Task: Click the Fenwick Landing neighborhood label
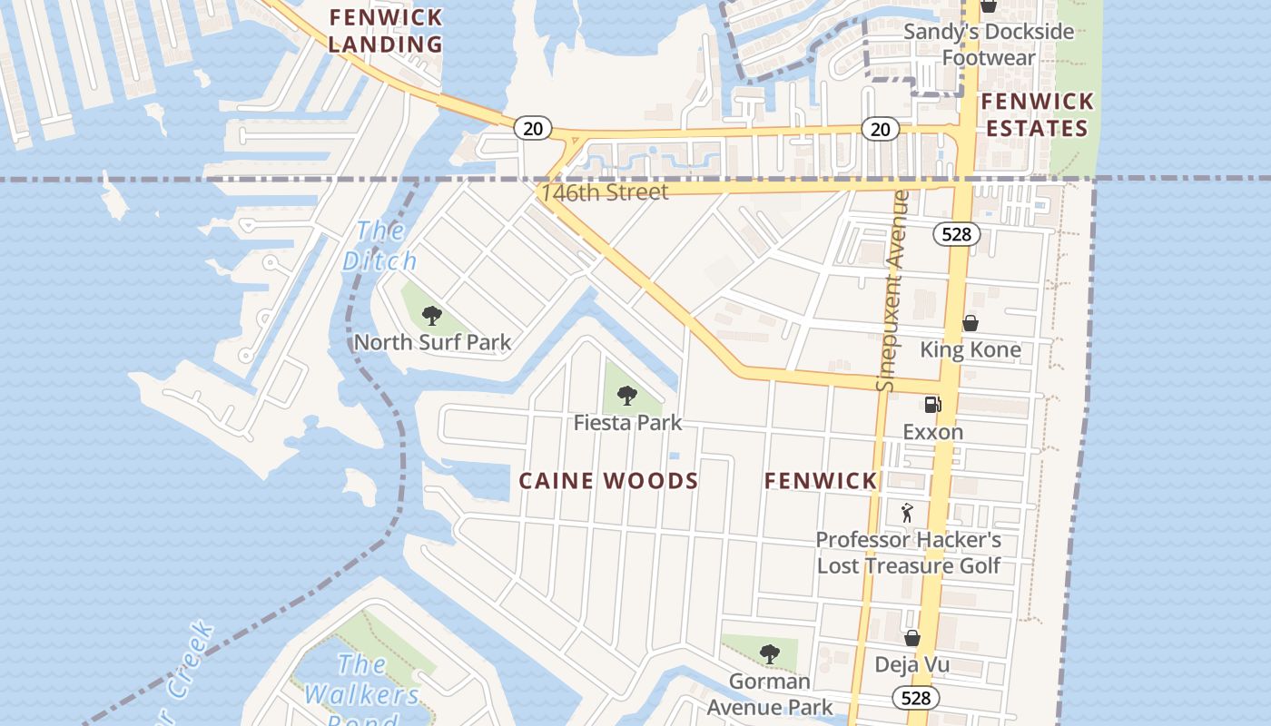[x=386, y=30]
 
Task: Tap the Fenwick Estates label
[x=1037, y=114]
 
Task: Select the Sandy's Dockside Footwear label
[x=989, y=44]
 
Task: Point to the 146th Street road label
[x=604, y=192]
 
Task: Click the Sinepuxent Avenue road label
[x=892, y=290]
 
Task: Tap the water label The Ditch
[x=380, y=245]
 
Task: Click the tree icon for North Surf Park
[x=432, y=316]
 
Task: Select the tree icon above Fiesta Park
[x=626, y=395]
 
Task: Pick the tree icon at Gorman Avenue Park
[x=769, y=652]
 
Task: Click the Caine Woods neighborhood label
[x=608, y=481]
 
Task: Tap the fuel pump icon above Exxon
[x=932, y=405]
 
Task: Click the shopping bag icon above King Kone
[x=970, y=323]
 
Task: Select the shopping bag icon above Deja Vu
[x=911, y=638]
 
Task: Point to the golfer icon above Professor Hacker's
[x=907, y=513]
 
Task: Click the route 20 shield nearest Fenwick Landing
[x=533, y=128]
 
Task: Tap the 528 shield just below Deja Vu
[x=915, y=698]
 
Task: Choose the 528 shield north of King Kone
[x=956, y=234]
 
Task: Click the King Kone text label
[x=970, y=349]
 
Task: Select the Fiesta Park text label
[x=627, y=423]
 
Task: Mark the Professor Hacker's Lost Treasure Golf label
[x=908, y=553]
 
